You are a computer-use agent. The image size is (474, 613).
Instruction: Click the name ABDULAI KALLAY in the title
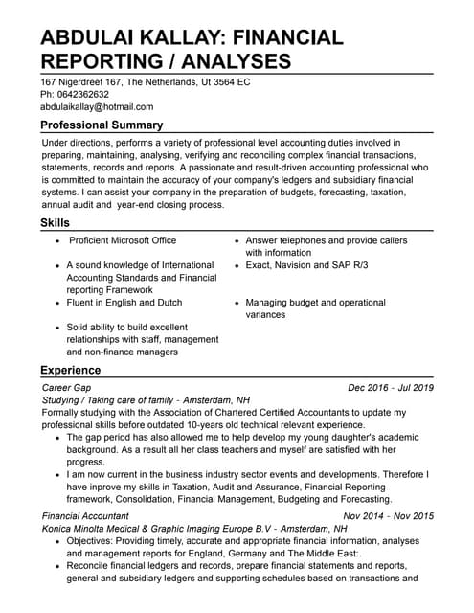(133, 37)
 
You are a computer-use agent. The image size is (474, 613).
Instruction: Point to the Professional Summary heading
(102, 125)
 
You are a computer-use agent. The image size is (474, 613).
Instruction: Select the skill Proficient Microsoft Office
(123, 240)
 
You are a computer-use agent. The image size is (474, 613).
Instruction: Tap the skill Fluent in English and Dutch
(124, 302)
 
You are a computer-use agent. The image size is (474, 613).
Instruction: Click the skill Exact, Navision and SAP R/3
(306, 264)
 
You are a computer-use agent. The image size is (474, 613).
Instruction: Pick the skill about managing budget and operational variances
(315, 308)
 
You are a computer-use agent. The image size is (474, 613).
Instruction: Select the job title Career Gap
(67, 387)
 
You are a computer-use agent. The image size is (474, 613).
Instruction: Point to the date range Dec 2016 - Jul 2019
(391, 387)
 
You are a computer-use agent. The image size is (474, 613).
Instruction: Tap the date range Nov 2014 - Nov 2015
(388, 515)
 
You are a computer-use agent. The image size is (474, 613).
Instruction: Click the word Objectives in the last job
(94, 541)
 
